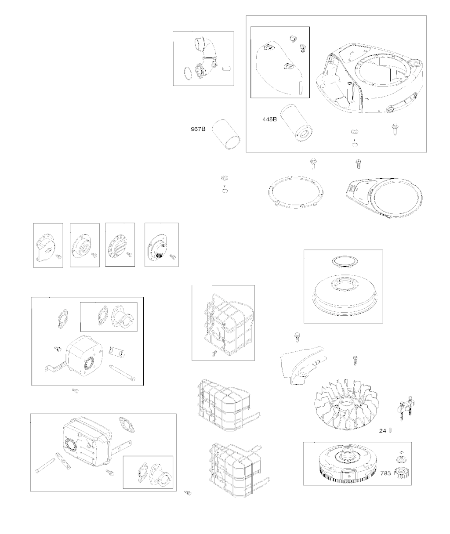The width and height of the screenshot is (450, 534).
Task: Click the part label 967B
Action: coord(198,129)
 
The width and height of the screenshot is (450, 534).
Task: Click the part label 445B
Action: coord(269,119)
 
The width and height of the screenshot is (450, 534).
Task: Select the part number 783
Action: coord(385,473)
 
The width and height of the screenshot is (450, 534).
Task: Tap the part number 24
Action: coord(382,431)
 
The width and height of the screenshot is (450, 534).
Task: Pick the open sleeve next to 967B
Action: coord(227,134)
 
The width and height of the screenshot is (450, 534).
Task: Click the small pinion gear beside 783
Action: coord(402,473)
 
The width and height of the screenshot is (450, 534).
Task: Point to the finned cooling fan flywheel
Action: coord(347,408)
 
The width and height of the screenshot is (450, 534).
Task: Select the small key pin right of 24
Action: coord(390,431)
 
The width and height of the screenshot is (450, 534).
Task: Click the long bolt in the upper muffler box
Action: coord(122,373)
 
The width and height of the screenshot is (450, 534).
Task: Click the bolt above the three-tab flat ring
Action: coord(312,163)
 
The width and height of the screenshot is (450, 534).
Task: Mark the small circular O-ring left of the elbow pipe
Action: coord(188,73)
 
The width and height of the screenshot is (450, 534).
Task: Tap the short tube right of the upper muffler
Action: coord(117,352)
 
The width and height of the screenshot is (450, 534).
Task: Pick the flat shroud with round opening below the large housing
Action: coord(384,198)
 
